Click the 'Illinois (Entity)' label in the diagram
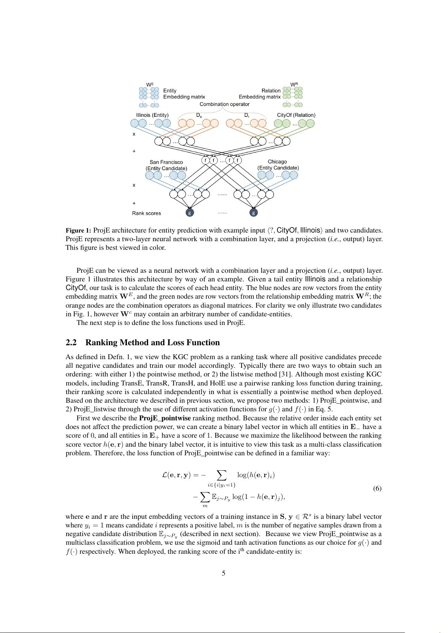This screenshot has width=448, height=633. click(152, 115)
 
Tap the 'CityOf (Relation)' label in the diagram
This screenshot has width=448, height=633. click(296, 115)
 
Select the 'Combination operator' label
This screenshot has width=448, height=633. click(224, 104)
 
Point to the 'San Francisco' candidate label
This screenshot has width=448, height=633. click(166, 162)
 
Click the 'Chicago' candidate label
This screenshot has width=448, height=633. click(277, 162)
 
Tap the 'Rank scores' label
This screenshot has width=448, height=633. click(146, 213)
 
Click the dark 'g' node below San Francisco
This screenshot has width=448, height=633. click(190, 213)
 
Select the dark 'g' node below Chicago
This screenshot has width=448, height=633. click(254, 213)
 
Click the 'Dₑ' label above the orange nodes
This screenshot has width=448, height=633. click(199, 115)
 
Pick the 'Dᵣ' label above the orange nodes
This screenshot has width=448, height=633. click(247, 115)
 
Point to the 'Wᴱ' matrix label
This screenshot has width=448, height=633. click(150, 85)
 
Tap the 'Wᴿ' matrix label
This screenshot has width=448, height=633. click(294, 85)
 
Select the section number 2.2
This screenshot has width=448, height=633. click(71, 342)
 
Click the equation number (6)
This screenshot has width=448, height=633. click(377, 488)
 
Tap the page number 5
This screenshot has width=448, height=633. click(224, 573)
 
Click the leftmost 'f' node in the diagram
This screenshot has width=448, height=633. click(205, 160)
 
